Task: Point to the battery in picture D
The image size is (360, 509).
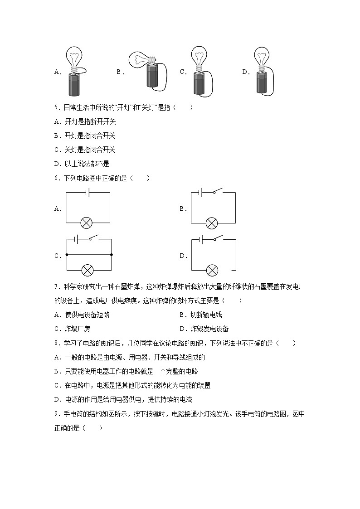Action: (262, 81)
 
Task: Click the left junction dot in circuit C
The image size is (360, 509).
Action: (66, 255)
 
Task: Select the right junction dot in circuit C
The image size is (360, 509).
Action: (111, 255)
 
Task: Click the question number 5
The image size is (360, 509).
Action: (56, 107)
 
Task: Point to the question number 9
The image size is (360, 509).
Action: (56, 414)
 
